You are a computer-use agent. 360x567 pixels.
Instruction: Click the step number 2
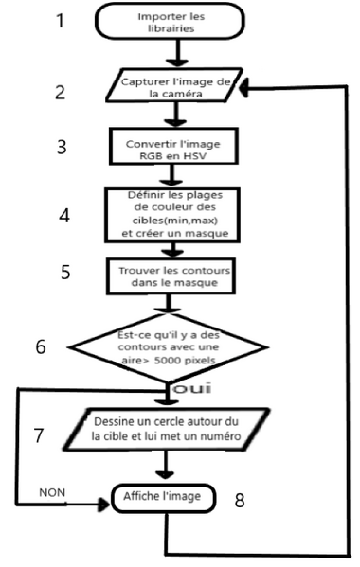click(60, 92)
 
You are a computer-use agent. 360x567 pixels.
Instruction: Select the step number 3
click(61, 149)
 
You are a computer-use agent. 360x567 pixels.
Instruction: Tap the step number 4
click(63, 214)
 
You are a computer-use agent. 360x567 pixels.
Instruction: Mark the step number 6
click(42, 346)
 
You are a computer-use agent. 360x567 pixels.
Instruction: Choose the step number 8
click(240, 499)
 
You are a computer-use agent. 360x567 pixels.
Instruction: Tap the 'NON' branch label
click(53, 493)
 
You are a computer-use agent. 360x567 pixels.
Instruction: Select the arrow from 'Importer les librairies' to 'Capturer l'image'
click(173, 55)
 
